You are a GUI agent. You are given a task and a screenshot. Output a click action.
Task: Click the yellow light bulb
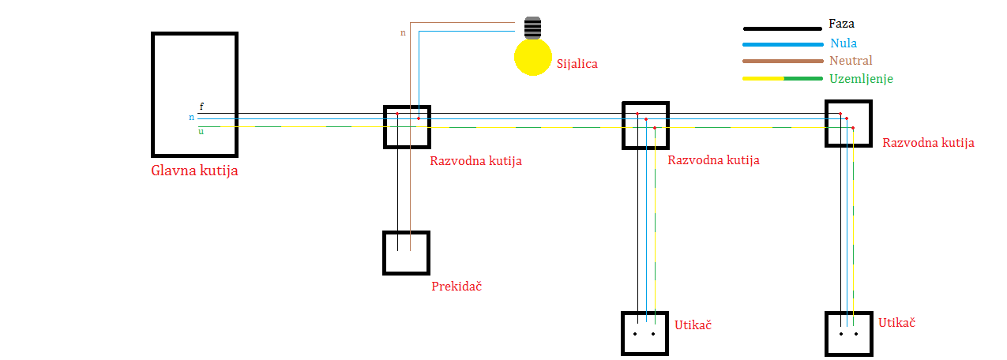532,57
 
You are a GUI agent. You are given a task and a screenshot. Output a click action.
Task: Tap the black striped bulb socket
534,28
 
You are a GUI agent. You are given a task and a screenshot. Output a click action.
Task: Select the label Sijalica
577,64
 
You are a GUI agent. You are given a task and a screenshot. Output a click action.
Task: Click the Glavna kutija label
194,171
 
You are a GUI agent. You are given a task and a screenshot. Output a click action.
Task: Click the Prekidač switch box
406,253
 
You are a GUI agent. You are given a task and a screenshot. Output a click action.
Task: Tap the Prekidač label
457,287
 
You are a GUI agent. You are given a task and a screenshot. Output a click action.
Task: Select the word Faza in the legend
842,24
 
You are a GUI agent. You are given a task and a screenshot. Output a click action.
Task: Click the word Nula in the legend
844,43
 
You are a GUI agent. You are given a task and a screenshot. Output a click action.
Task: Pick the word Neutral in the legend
851,61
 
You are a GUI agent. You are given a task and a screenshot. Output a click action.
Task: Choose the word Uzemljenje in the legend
861,79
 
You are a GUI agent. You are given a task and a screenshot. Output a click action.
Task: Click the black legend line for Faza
782,28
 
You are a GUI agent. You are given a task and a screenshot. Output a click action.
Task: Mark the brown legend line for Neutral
782,62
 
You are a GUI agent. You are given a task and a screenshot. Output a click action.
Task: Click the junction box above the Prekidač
407,126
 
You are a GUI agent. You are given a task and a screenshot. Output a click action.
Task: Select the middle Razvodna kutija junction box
645,125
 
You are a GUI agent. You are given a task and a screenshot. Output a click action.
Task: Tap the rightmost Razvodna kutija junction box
848,123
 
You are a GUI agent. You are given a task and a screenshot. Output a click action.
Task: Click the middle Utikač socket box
645,333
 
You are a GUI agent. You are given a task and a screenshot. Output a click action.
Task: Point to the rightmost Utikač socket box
848,333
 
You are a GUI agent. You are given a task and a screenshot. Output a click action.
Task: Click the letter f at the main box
201,107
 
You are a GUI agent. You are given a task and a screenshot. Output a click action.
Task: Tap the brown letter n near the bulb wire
404,33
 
